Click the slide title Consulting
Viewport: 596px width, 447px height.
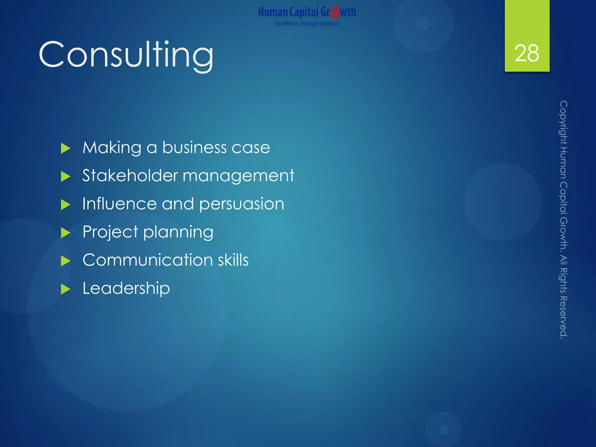pyautogui.click(x=126, y=55)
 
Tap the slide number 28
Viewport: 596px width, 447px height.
pyautogui.click(x=527, y=54)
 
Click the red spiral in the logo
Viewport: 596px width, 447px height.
pyautogui.click(x=335, y=12)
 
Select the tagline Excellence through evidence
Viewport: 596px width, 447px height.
pyautogui.click(x=307, y=23)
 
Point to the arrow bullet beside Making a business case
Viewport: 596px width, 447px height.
pyautogui.click(x=66, y=148)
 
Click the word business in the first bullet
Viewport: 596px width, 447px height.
pyautogui.click(x=194, y=147)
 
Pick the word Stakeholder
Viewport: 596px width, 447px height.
pyautogui.click(x=130, y=175)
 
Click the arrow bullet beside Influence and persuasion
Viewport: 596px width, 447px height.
pyautogui.click(x=66, y=205)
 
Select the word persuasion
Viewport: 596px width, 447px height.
pyautogui.click(x=242, y=204)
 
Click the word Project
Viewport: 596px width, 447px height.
pyautogui.click(x=110, y=232)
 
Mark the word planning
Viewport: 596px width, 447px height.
pyautogui.click(x=178, y=233)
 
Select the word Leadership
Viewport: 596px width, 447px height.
pyautogui.click(x=126, y=288)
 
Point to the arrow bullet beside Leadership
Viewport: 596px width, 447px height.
pyautogui.click(x=66, y=289)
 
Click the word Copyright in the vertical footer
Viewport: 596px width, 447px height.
pyautogui.click(x=563, y=122)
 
